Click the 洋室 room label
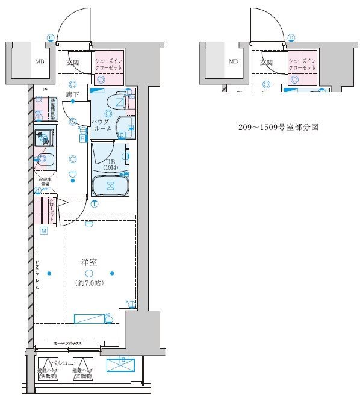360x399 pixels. [x=89, y=262]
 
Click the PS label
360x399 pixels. [x=45, y=91]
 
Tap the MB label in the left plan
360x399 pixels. [x=39, y=61]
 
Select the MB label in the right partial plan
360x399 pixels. [x=232, y=61]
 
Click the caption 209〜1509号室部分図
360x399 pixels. [x=278, y=128]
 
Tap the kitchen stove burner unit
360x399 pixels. [x=44, y=138]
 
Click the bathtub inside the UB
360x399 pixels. [x=110, y=185]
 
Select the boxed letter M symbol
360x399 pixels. [x=44, y=231]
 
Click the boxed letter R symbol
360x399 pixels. [x=82, y=138]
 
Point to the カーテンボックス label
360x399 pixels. [x=67, y=343]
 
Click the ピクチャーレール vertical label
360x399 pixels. [x=37, y=274]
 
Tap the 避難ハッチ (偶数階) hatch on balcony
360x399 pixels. [x=47, y=374]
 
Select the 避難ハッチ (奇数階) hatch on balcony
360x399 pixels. [x=82, y=374]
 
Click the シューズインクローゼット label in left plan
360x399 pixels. [x=108, y=64]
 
